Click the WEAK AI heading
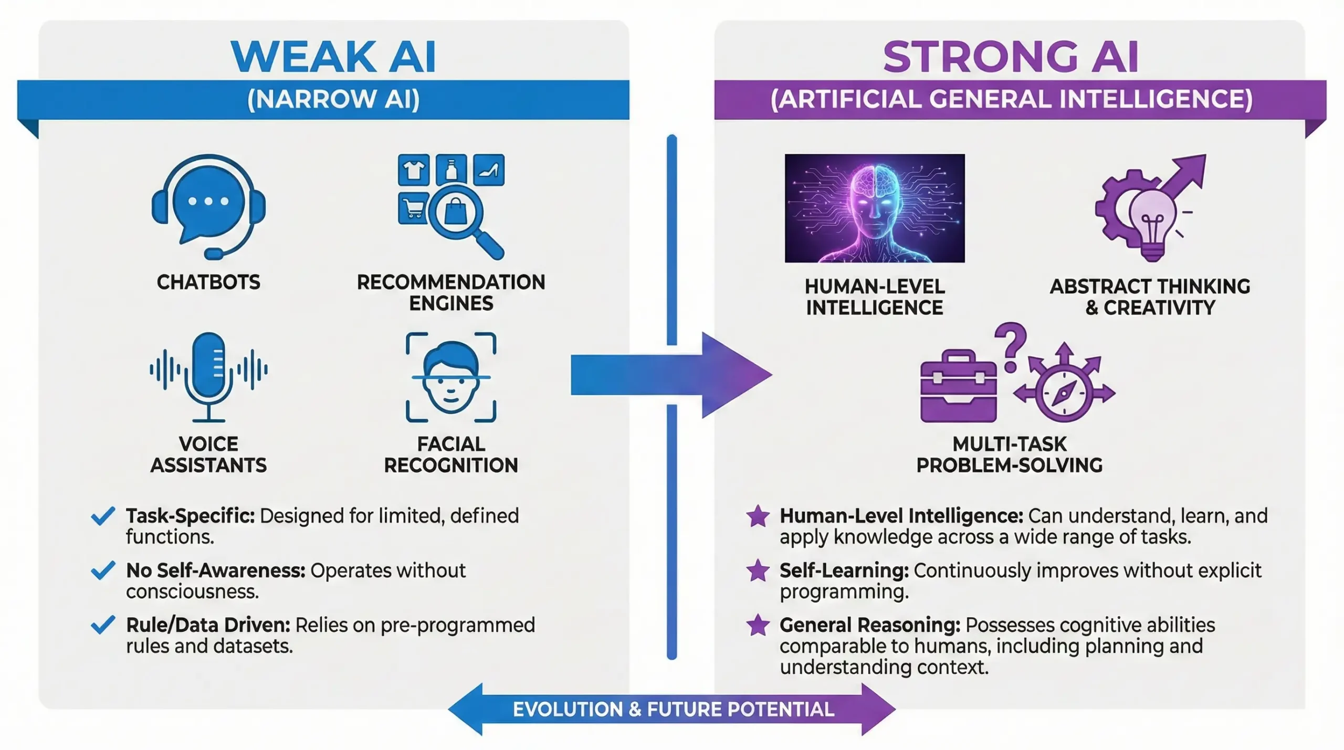[333, 56]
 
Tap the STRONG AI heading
[1011, 56]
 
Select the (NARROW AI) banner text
[333, 99]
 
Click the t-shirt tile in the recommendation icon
[414, 170]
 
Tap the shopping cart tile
[413, 208]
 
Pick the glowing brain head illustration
[875, 208]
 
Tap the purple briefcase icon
[958, 387]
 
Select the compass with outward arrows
[1065, 391]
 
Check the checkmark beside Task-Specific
[103, 516]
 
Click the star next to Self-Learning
[758, 571]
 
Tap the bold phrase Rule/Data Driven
[208, 625]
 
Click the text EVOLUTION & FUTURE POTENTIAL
[673, 710]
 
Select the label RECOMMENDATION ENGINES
[451, 292]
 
